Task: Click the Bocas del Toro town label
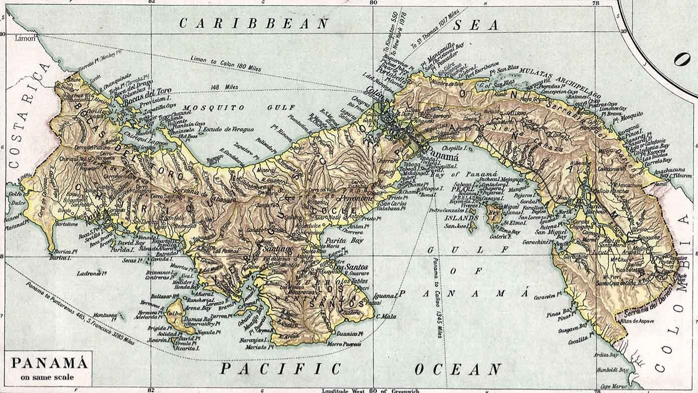pos(150,92)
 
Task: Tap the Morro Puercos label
pos(344,344)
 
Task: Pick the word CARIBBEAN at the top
pos(254,23)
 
